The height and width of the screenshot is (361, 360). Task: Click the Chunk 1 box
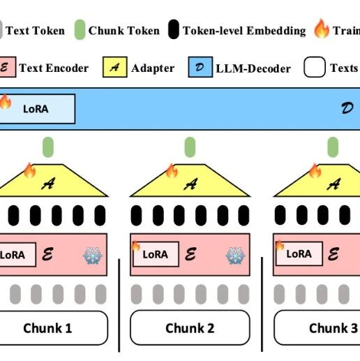[47, 327]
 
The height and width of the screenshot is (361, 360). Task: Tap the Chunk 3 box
[318, 327]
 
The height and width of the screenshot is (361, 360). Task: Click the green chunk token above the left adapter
[48, 147]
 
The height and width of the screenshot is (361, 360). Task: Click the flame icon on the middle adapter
[172, 170]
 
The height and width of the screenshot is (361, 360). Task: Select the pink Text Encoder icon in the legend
[6, 68]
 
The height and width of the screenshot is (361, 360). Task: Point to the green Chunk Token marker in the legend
[79, 30]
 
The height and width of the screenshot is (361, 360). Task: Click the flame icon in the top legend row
[321, 29]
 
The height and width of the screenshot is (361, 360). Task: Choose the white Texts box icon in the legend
[315, 68]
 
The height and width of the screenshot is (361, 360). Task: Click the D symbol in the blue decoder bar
[347, 109]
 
